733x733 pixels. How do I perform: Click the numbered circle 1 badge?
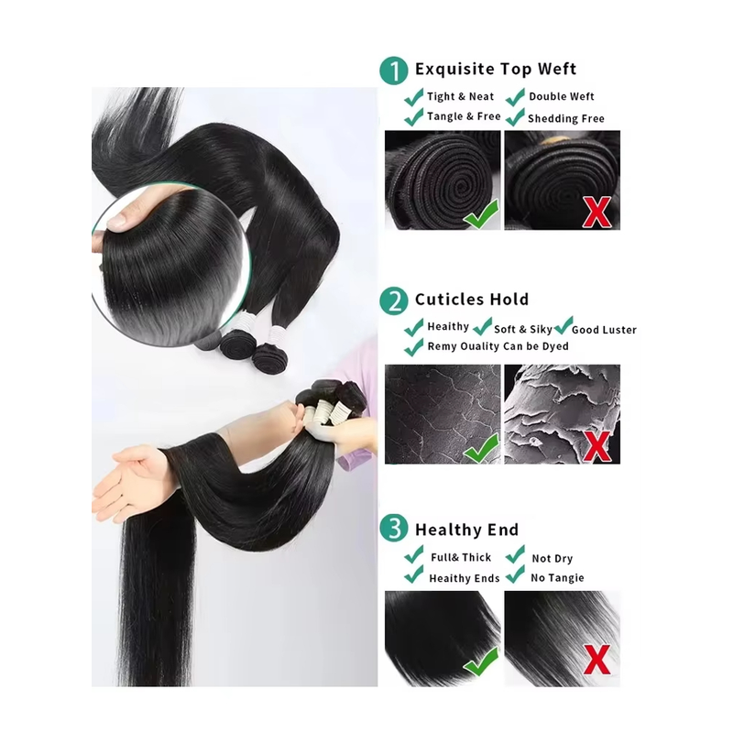tap(394, 71)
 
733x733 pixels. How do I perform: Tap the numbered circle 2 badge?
tap(394, 301)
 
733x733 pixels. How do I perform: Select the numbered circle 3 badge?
tap(394, 529)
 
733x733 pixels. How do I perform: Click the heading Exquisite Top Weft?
tap(496, 69)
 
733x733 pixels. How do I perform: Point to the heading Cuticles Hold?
tap(472, 300)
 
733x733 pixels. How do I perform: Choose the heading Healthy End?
tap(466, 530)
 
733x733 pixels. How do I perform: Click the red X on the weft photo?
tap(596, 213)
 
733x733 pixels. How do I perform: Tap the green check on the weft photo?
tap(481, 214)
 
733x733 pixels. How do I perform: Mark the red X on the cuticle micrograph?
tap(596, 446)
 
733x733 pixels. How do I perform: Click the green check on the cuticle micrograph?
tap(481, 447)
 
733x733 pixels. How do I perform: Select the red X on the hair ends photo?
tap(596, 660)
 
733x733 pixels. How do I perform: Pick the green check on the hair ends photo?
tap(481, 661)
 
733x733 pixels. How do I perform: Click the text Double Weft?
tap(562, 96)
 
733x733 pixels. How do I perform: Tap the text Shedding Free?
tap(566, 118)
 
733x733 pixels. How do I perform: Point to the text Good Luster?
tap(604, 330)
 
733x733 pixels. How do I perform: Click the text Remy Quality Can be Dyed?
tap(498, 346)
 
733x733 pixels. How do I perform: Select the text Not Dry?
tap(552, 558)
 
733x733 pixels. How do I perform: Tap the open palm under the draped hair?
tap(127, 482)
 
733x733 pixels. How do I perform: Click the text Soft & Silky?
tap(523, 329)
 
